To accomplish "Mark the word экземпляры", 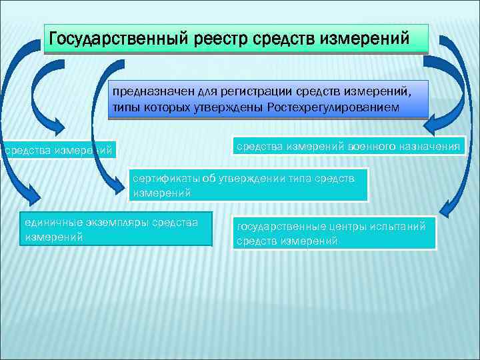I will pyautogui.click(x=119, y=223).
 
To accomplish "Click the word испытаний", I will pyautogui.click(x=397, y=227).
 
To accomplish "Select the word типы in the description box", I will pyautogui.click(x=125, y=107).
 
